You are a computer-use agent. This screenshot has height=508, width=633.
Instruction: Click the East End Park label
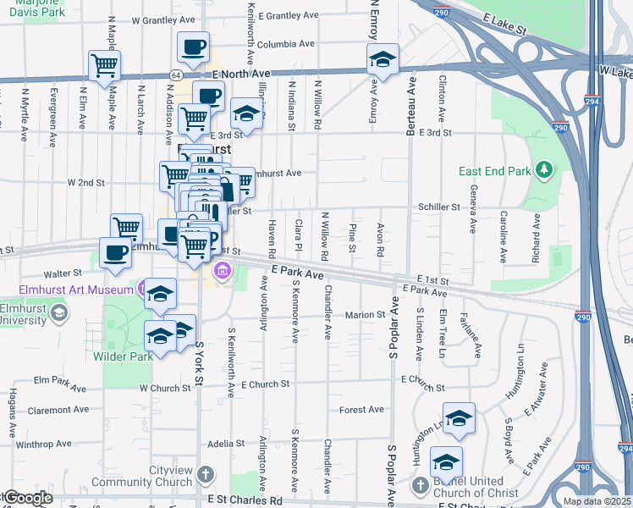pyautogui.click(x=495, y=171)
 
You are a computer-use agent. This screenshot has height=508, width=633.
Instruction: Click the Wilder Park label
pyautogui.click(x=123, y=356)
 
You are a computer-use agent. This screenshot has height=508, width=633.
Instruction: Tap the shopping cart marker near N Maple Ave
pyautogui.click(x=104, y=64)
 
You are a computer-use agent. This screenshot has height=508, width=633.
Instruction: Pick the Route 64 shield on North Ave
pyautogui.click(x=173, y=75)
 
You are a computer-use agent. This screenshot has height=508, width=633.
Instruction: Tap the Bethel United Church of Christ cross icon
pyautogui.click(x=421, y=485)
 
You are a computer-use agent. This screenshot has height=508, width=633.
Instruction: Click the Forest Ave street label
pyautogui.click(x=361, y=410)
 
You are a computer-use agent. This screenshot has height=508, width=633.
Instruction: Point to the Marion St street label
pyautogui.click(x=365, y=315)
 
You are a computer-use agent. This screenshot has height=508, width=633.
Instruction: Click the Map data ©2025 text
pyautogui.click(x=597, y=501)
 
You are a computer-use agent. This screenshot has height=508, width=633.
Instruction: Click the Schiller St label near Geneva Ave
pyautogui.click(x=438, y=207)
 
